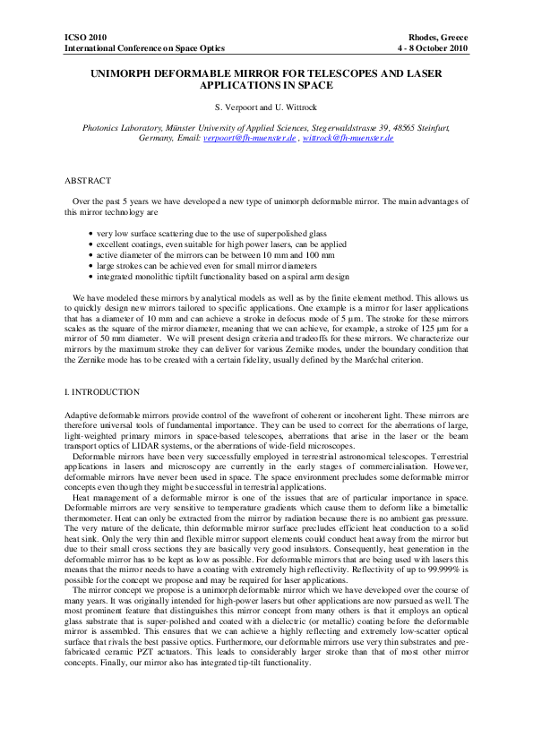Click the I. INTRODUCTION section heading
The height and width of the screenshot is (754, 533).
click(102, 392)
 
